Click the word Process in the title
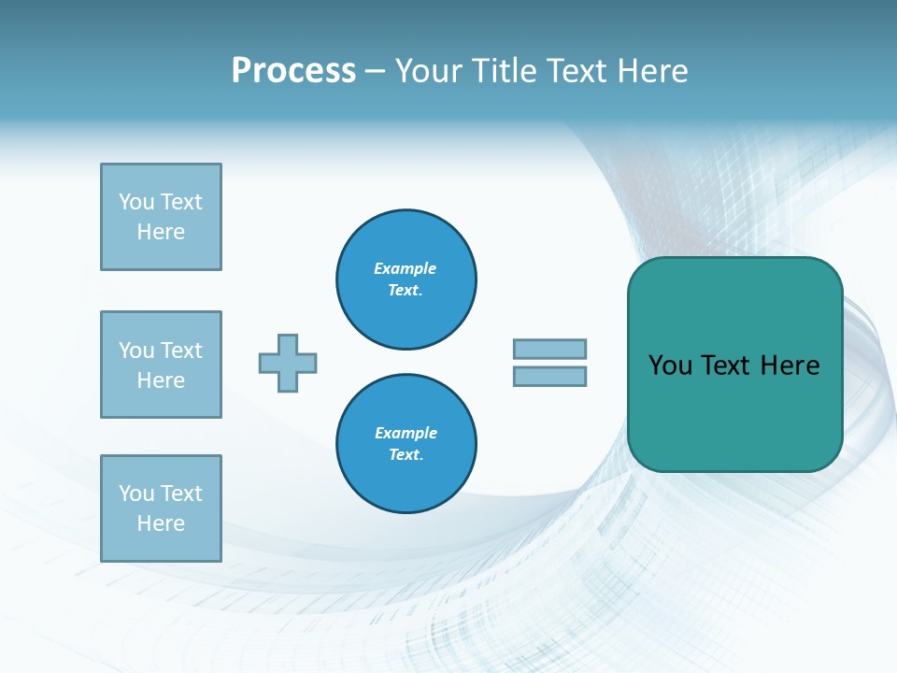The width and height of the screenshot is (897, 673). coord(293,71)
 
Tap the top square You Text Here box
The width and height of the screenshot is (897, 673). coord(161,217)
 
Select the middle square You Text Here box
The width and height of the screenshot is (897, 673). coord(161,365)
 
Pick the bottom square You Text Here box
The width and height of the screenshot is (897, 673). coord(161,508)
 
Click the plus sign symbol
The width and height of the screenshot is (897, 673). coord(288,363)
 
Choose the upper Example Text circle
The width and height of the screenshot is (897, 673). coord(406,279)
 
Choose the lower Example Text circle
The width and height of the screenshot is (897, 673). coord(406,444)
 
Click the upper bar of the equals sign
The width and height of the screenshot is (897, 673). coord(549,349)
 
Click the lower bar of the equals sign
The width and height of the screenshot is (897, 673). coord(549,376)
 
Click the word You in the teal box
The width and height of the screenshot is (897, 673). coord(670,365)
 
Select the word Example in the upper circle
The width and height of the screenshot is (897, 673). coord(406,268)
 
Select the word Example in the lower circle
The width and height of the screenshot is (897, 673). coord(406,433)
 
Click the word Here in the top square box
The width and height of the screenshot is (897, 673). coord(161,232)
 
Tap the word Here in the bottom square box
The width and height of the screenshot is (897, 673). coord(161,523)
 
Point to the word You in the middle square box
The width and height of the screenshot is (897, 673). coord(136,351)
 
